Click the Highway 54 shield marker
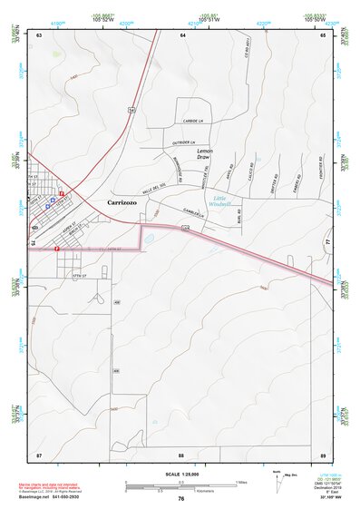pos(131,109)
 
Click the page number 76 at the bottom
pos(181,498)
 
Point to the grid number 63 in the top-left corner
pos(39,34)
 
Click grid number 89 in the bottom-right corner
pos(322,454)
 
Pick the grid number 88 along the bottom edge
pos(181,454)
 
